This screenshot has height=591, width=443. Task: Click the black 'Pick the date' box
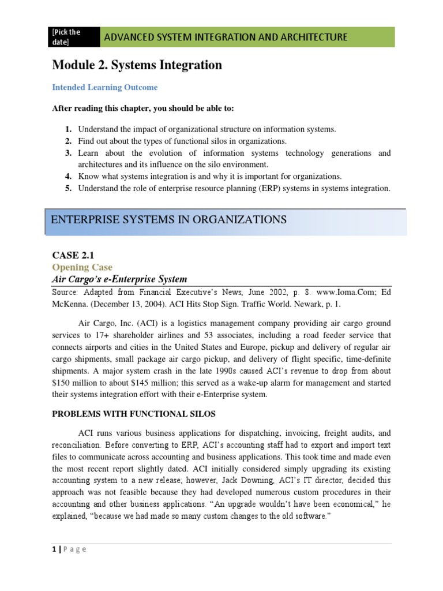pos(73,37)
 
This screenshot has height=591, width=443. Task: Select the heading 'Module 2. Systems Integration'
pos(137,65)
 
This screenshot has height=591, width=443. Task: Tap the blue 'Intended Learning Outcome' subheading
pos(104,88)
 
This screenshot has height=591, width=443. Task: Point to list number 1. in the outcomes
pos(67,129)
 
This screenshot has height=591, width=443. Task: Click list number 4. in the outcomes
pos(67,177)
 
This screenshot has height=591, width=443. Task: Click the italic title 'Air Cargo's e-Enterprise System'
pos(119,279)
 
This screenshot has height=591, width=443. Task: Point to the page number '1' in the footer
pos(54,549)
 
